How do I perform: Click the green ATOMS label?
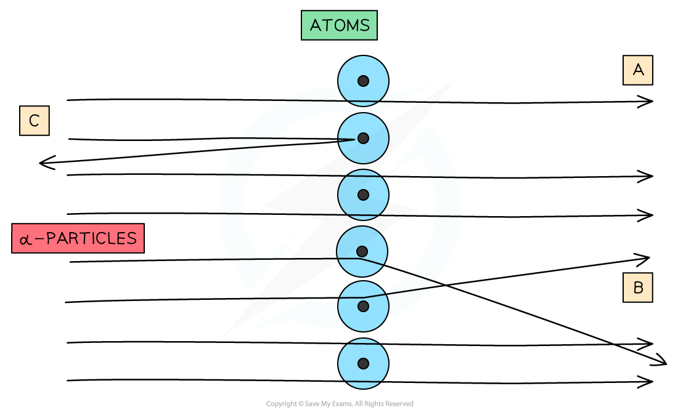click(339, 25)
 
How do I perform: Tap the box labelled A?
click(637, 70)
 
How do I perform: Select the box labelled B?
click(637, 287)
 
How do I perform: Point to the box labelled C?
click(34, 121)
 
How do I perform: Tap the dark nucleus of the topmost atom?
click(363, 81)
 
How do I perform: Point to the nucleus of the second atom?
click(363, 138)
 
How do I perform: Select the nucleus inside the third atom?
click(363, 195)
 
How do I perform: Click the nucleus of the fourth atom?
click(362, 251)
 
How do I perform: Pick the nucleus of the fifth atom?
click(363, 306)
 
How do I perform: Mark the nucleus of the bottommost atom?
click(363, 363)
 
